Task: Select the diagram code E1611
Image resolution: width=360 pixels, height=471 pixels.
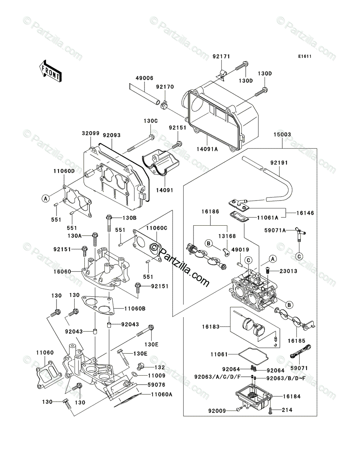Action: coord(305,57)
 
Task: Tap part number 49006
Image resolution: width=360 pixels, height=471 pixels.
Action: coord(144,78)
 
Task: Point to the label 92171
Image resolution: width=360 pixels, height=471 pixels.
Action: coord(221,57)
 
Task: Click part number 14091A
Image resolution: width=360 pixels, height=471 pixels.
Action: coord(207,149)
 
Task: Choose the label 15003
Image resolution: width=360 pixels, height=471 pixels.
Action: coord(282,135)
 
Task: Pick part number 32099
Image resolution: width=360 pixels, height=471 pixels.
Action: coord(91,133)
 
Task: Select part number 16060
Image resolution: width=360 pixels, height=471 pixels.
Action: coord(62,272)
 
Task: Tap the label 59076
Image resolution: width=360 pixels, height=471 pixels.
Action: coord(156,385)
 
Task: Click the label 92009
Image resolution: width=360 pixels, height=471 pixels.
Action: coord(217,411)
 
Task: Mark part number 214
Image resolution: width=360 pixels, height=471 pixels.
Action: coord(287,410)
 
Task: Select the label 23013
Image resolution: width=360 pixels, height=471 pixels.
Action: coord(288,271)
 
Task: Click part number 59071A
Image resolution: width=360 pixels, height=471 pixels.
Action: coord(275,230)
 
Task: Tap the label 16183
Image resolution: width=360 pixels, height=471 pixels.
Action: coord(211,327)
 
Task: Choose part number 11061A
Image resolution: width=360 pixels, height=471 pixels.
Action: coord(268,218)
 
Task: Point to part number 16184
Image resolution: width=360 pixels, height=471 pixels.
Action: coord(292,396)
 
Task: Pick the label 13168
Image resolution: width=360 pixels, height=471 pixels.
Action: coord(227,236)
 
